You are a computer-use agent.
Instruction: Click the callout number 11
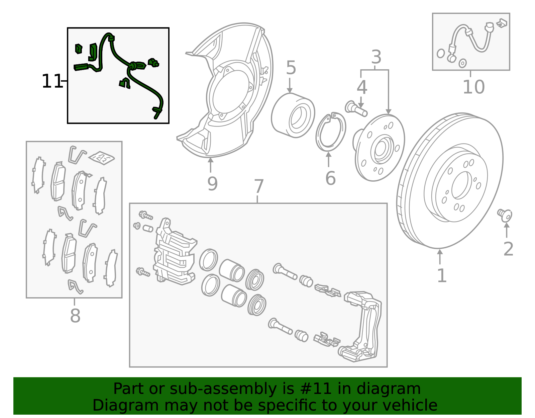click(52, 81)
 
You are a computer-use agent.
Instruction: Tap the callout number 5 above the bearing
click(291, 68)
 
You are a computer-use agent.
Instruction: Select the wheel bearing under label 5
click(293, 115)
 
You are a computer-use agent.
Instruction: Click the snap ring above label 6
click(330, 132)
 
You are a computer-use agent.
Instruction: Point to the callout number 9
click(212, 184)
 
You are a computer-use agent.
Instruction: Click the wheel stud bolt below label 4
click(356, 109)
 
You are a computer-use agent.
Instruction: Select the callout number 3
click(376, 57)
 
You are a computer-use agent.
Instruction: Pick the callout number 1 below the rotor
click(442, 276)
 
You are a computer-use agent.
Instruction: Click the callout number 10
click(473, 87)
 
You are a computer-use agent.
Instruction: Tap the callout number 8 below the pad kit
click(75, 316)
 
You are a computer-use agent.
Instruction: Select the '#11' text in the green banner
click(316, 389)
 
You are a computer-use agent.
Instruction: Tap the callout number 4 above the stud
click(362, 87)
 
